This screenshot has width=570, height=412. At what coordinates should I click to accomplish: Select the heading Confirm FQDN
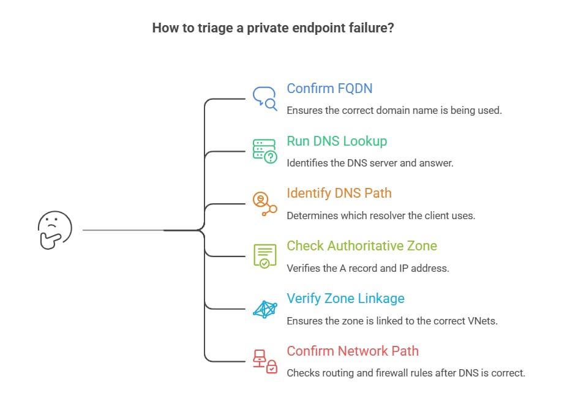[x=329, y=88]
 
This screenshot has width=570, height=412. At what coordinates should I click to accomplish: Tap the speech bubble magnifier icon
[x=264, y=97]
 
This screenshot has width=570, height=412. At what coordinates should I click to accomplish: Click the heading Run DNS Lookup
[x=337, y=141]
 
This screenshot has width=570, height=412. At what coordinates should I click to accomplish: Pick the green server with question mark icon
[x=264, y=150]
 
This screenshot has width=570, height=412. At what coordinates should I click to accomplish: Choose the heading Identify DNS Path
[x=339, y=193]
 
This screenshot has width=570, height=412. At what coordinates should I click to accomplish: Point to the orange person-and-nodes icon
[x=264, y=203]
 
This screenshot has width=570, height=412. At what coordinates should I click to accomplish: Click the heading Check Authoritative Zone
[x=362, y=245]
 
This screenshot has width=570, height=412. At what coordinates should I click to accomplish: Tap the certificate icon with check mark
[x=264, y=255]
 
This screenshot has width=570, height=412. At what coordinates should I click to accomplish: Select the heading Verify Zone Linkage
[x=345, y=298]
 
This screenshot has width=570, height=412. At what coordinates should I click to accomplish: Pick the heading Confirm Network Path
[x=353, y=351]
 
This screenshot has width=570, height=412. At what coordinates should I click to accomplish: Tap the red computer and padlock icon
[x=264, y=361]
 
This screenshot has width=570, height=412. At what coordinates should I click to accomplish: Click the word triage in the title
[x=211, y=28]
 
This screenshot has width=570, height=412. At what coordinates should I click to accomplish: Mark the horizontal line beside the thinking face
[x=122, y=230]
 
